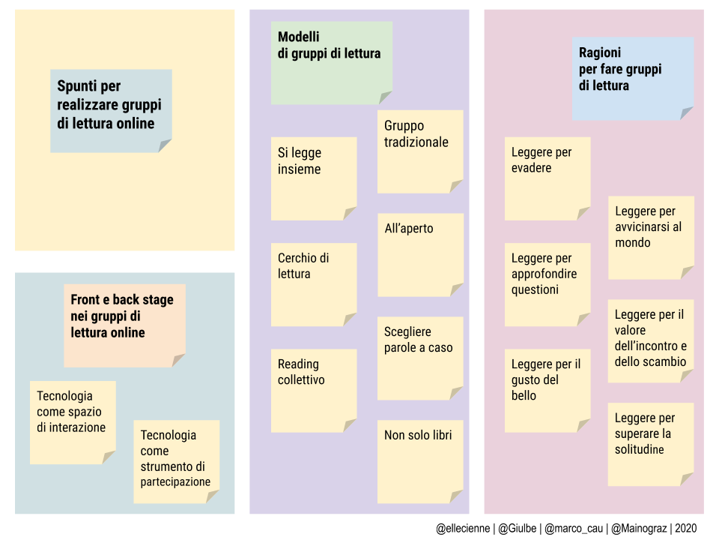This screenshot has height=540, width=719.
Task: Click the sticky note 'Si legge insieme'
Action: tap(313, 178)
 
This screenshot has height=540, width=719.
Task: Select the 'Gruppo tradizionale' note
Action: tap(419, 151)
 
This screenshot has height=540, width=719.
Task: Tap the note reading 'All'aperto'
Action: tap(419, 254)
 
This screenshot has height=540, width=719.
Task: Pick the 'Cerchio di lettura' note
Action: tap(313, 283)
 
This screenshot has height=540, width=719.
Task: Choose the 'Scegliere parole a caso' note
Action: tap(419, 358)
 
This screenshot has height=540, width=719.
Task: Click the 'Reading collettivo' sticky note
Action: tap(313, 390)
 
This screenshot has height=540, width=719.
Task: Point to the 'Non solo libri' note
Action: tap(419, 460)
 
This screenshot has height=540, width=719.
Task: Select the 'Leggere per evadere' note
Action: tap(547, 178)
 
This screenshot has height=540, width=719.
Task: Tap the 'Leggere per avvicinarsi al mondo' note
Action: tap(650, 237)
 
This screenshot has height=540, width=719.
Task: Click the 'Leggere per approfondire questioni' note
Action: tap(547, 283)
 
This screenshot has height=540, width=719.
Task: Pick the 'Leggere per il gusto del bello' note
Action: tap(547, 390)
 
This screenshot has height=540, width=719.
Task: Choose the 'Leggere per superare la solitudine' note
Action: tap(650, 444)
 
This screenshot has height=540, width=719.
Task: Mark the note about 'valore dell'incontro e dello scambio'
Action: tap(650, 340)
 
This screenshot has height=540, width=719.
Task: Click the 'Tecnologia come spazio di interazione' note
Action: tap(73, 421)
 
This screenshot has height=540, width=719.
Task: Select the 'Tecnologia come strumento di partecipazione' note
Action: tap(176, 460)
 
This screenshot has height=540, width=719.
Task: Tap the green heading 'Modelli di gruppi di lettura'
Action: tap(331, 62)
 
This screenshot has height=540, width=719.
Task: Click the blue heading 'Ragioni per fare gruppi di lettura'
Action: tap(632, 79)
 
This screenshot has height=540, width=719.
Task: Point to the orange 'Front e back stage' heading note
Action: tap(124, 325)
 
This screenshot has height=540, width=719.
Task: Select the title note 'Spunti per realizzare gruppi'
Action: tap(111, 111)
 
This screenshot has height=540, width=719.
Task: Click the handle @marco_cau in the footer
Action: tap(574, 529)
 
